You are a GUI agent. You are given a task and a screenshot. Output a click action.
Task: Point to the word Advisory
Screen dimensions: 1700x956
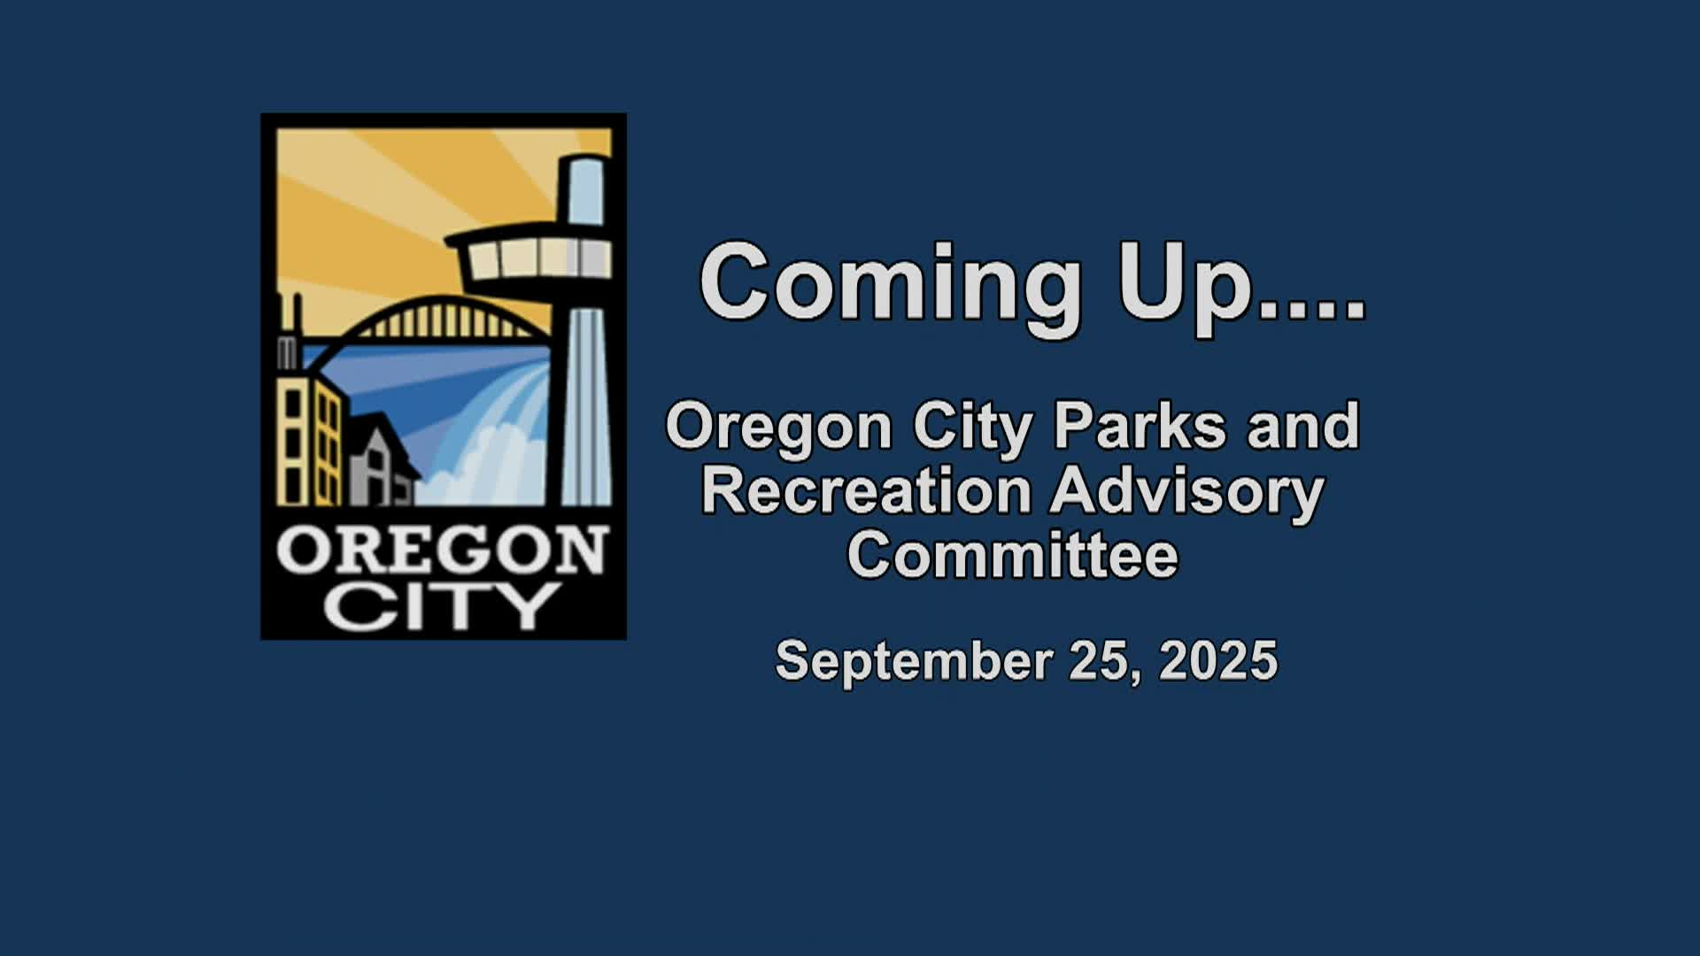[1186, 494]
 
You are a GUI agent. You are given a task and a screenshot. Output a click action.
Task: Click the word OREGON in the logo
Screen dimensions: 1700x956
[443, 550]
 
